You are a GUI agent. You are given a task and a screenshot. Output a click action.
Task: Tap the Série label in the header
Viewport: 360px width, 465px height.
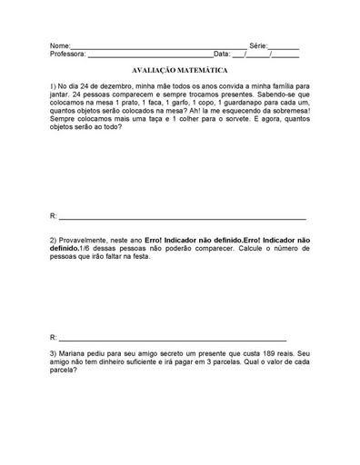coord(258,45)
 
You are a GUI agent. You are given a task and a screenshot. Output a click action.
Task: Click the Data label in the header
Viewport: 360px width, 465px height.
coord(222,54)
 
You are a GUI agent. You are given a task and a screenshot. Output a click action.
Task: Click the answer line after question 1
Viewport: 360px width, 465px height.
coord(182,218)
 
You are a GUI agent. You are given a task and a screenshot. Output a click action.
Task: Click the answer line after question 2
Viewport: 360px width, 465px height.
coord(173,336)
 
